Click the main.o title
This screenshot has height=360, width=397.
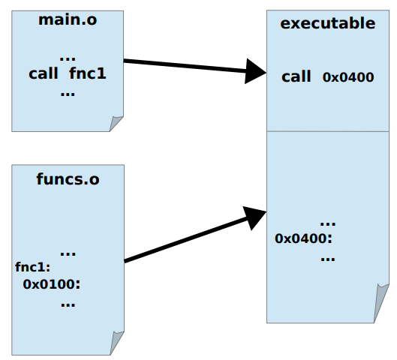(68, 19)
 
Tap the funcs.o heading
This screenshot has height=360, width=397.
(68, 179)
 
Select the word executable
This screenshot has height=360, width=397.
(328, 23)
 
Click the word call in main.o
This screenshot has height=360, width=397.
(44, 73)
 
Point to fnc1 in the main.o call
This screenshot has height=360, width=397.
(88, 73)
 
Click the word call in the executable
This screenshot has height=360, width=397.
(296, 76)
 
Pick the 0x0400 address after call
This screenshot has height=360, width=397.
(348, 77)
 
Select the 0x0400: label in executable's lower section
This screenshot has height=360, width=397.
(303, 238)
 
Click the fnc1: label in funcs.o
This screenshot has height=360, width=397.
(33, 267)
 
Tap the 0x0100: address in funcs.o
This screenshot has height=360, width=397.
(52, 284)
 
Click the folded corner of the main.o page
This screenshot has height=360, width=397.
(116, 124)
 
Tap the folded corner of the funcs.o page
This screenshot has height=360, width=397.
(117, 343)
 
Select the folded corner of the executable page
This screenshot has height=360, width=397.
(381, 303)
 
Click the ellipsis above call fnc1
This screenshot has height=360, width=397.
(68, 59)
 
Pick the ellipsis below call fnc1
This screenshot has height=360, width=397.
(68, 94)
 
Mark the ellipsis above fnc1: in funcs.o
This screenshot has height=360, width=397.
(68, 253)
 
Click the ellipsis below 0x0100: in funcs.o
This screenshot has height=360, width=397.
(68, 304)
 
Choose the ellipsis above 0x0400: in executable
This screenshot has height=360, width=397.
(328, 223)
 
